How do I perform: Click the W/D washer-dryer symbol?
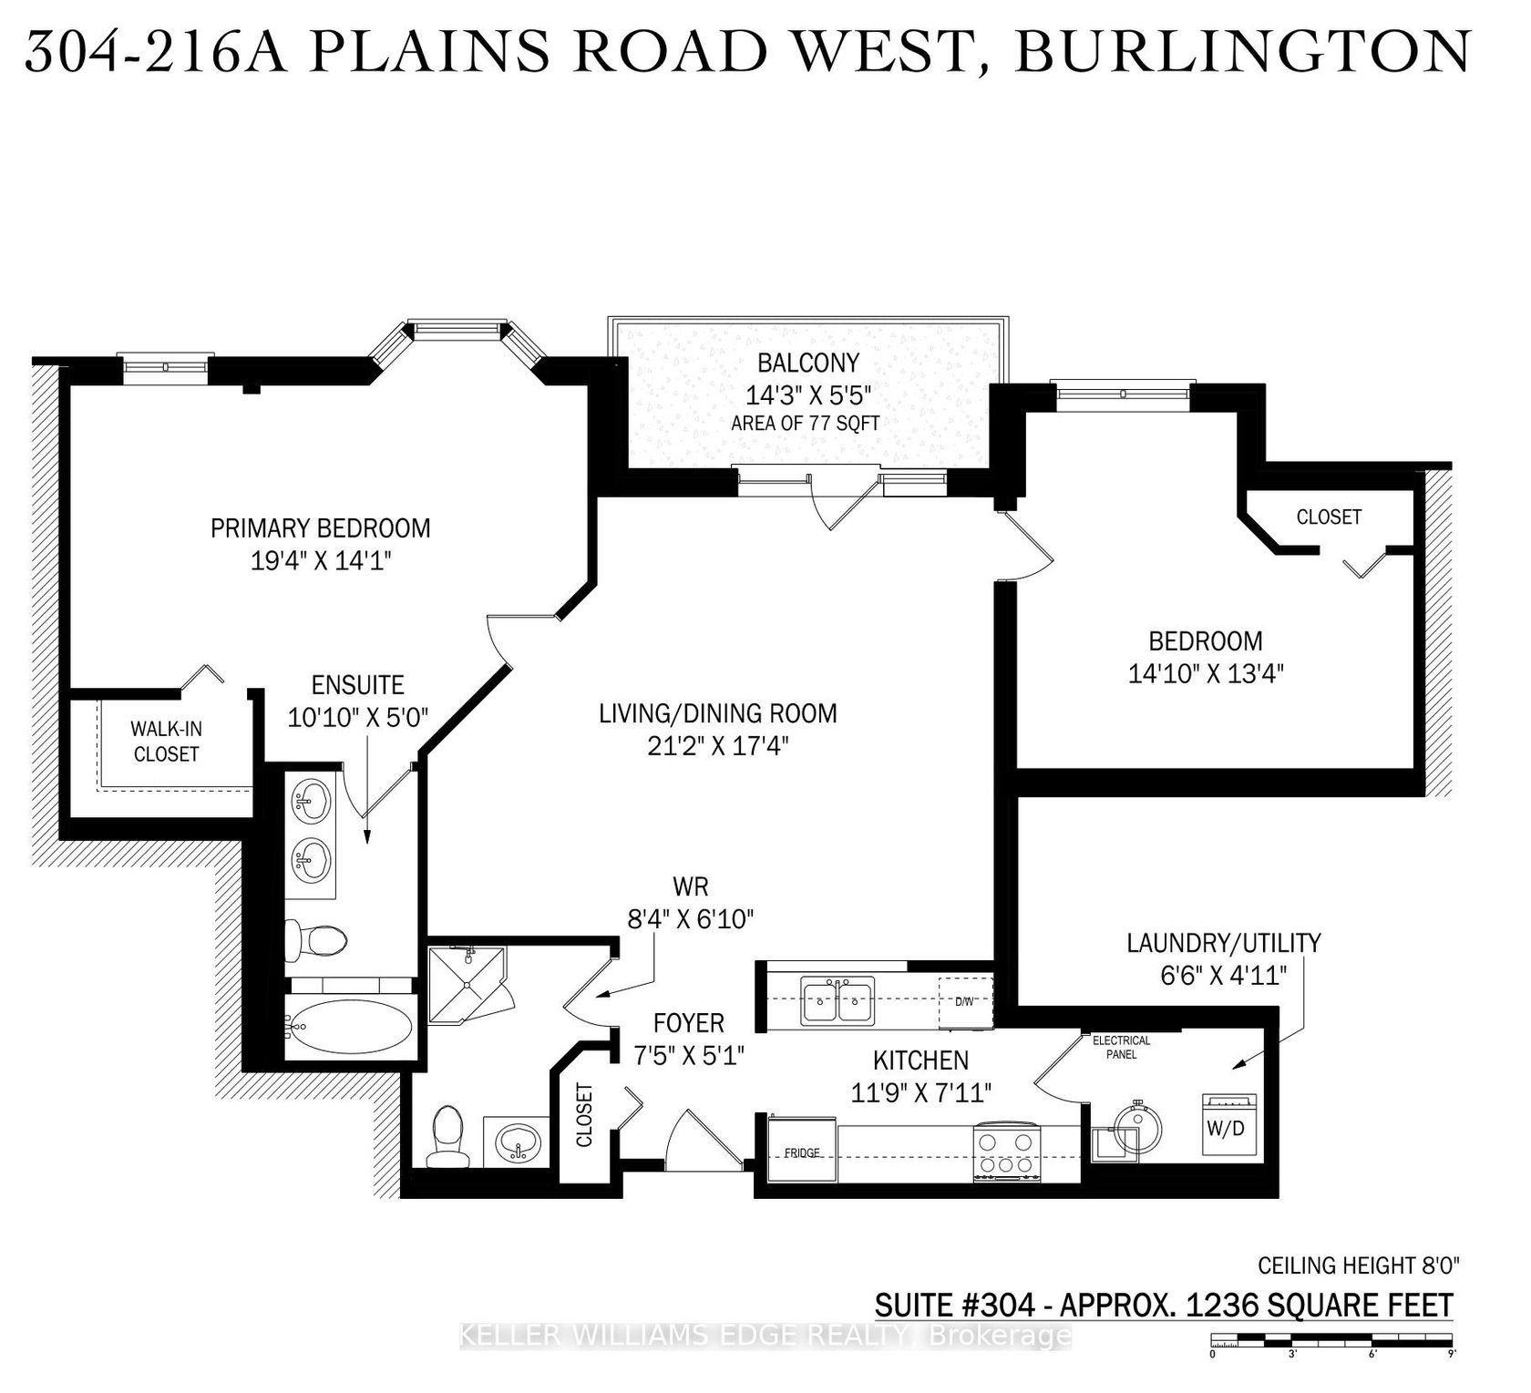[x=1230, y=1126]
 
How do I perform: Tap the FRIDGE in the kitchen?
[x=802, y=1152]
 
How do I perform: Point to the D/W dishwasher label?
[x=964, y=1000]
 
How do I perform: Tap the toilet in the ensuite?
[x=316, y=938]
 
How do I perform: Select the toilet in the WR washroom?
[x=446, y=1136]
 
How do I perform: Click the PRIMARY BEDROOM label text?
[x=321, y=527]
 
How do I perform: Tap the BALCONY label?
[x=808, y=363]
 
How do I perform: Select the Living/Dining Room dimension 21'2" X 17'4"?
[x=718, y=746]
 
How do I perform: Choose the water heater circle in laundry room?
[x=1137, y=1130]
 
